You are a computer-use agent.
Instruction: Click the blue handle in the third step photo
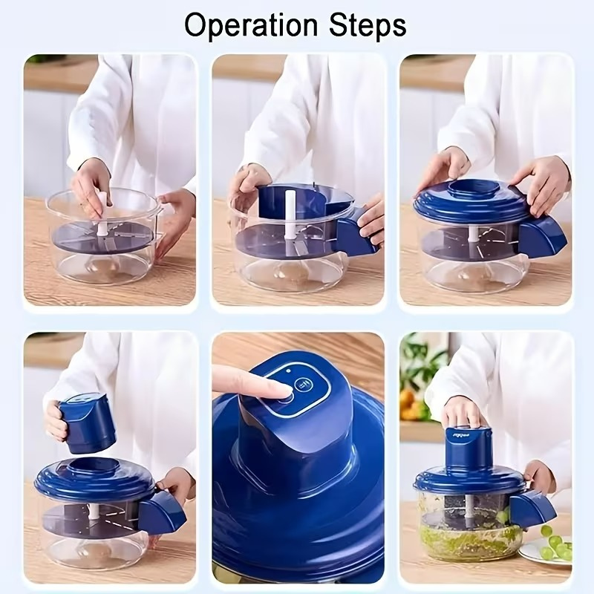pos(541,235)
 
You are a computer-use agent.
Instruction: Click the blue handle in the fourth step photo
pos(161,512)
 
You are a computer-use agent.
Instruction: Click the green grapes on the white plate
pos(552,546)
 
